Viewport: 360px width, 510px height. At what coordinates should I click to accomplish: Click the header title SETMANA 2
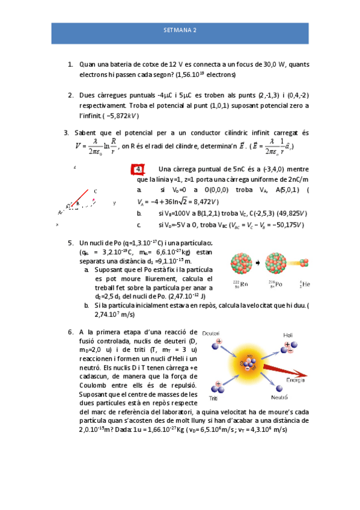(180, 29)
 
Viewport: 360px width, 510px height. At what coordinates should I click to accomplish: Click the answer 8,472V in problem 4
(202, 201)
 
